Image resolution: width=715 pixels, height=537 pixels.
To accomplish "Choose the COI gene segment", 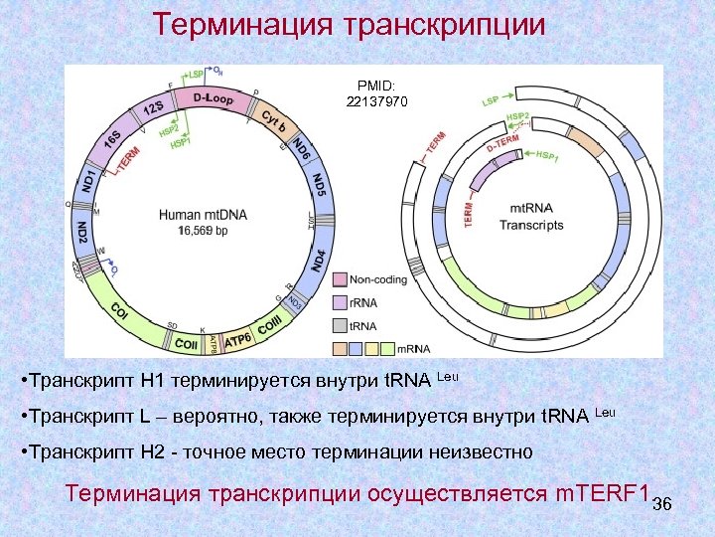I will pyautogui.click(x=118, y=309).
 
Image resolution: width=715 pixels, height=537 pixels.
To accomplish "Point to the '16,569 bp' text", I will pyautogui.click(x=204, y=231).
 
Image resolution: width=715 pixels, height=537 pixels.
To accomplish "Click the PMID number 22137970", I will pyautogui.click(x=376, y=101).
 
